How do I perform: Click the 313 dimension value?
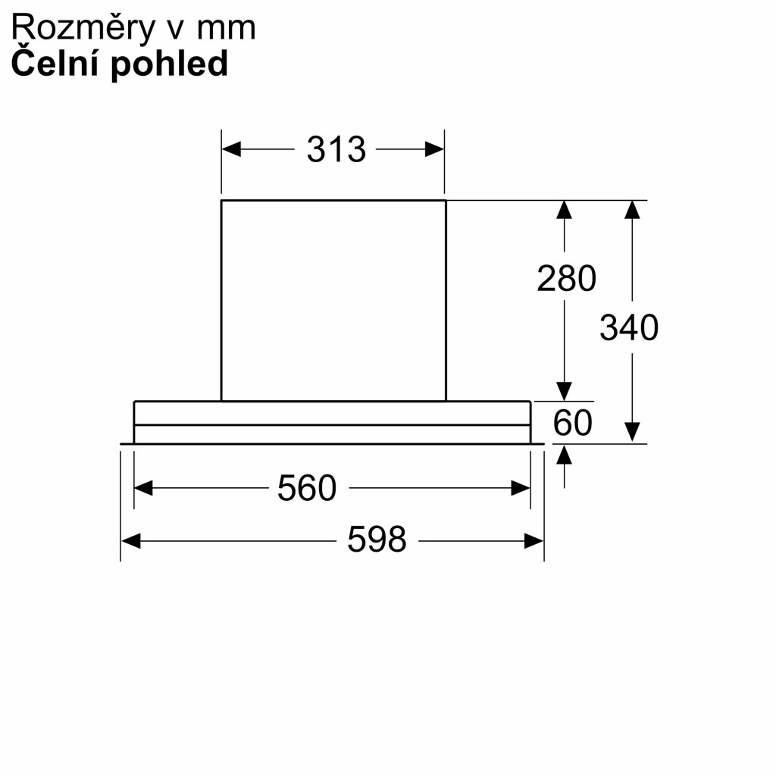click(x=336, y=149)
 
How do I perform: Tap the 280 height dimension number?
click(x=566, y=279)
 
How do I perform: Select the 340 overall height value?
click(x=629, y=328)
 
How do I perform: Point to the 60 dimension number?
click(x=572, y=423)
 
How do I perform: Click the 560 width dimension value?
click(x=306, y=488)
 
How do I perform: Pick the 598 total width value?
click(x=377, y=540)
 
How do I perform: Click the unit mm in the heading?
click(x=226, y=29)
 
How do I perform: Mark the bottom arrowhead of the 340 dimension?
click(x=633, y=432)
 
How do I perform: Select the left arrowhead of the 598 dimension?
click(x=130, y=540)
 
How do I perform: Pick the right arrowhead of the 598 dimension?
click(x=534, y=540)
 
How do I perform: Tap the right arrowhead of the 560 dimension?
click(x=521, y=488)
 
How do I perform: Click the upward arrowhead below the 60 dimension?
click(x=564, y=454)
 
